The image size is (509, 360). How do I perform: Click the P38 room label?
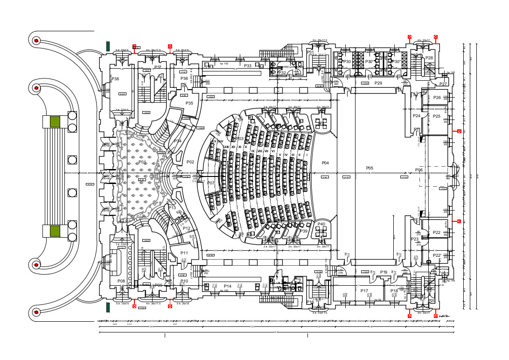click(x=115, y=79)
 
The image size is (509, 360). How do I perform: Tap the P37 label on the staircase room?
click(x=158, y=68)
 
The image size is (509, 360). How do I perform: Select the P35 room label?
click(x=189, y=103)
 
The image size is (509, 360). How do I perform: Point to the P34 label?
click(x=178, y=141)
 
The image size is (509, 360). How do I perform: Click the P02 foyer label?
click(x=190, y=162)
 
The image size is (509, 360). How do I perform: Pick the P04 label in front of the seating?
click(x=325, y=163)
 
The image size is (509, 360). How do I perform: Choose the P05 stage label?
click(x=370, y=168)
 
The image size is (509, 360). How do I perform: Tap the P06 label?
click(x=419, y=170)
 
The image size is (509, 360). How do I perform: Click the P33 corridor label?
click(x=248, y=66)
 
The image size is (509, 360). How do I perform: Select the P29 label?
click(x=378, y=83)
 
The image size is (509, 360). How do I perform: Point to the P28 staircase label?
click(x=429, y=58)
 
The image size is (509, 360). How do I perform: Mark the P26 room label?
click(x=437, y=98)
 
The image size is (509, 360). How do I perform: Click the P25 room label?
click(x=437, y=116)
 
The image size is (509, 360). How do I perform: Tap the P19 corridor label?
click(x=383, y=272)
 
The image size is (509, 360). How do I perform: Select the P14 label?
click(x=228, y=286)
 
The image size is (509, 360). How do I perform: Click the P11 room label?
click(x=184, y=253)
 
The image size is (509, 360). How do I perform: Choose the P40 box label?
click(x=321, y=224)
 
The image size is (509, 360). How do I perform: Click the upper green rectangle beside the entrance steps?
click(x=55, y=121)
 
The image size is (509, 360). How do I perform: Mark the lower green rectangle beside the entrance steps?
click(x=55, y=231)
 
